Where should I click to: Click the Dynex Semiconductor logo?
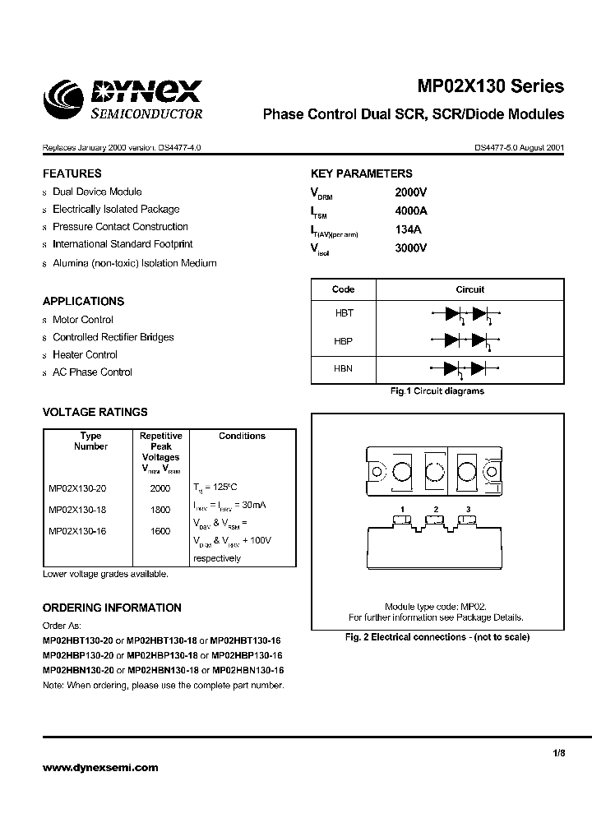pyautogui.click(x=123, y=99)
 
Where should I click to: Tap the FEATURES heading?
pyautogui.click(x=72, y=173)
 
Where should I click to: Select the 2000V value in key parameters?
pyautogui.click(x=411, y=192)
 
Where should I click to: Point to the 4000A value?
pyautogui.click(x=411, y=210)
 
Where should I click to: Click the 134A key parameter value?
pyautogui.click(x=408, y=229)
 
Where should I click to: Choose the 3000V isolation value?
pyautogui.click(x=411, y=247)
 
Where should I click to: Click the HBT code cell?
pyautogui.click(x=343, y=313)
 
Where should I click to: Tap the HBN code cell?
pyautogui.click(x=343, y=368)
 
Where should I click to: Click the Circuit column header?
pyautogui.click(x=469, y=289)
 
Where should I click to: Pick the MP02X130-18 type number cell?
pyautogui.click(x=77, y=510)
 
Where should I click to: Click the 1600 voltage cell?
pyautogui.click(x=160, y=531)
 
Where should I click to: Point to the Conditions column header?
pyautogui.click(x=242, y=436)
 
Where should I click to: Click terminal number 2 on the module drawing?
pyautogui.click(x=436, y=510)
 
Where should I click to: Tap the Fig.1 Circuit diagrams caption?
pyautogui.click(x=437, y=391)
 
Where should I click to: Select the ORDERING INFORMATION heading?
pyautogui.click(x=112, y=608)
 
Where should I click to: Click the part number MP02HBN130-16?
pyautogui.click(x=248, y=671)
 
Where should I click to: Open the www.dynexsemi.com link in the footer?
pyautogui.click(x=99, y=767)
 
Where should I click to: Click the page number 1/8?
pyautogui.click(x=557, y=751)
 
